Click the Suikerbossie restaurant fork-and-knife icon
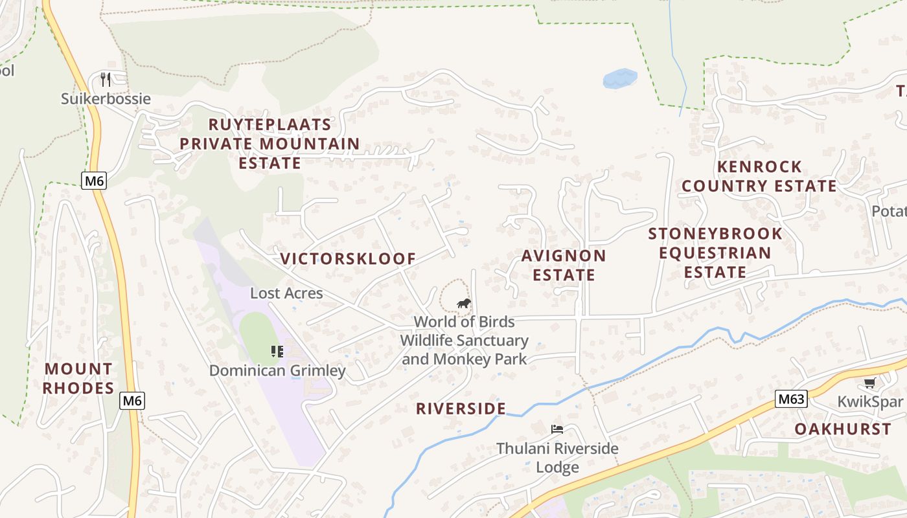click(x=106, y=80)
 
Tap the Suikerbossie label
click(x=106, y=99)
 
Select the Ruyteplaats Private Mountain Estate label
click(x=270, y=144)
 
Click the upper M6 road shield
click(x=94, y=181)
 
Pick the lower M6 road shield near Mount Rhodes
click(x=132, y=401)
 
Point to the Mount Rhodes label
click(x=78, y=379)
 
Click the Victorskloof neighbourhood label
click(x=348, y=259)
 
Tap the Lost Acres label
click(x=286, y=293)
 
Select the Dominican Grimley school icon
click(x=277, y=352)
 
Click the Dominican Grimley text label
click(x=277, y=371)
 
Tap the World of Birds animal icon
click(x=463, y=303)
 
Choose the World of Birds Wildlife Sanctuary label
click(x=464, y=340)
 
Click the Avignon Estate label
click(x=564, y=265)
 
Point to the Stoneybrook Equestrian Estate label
click(x=715, y=253)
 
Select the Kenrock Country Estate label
click(x=759, y=176)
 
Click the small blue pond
click(x=620, y=78)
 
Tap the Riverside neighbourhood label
click(x=461, y=409)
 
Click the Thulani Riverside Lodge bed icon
click(x=557, y=429)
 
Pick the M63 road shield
click(x=792, y=399)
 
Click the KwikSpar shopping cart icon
click(x=869, y=383)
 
